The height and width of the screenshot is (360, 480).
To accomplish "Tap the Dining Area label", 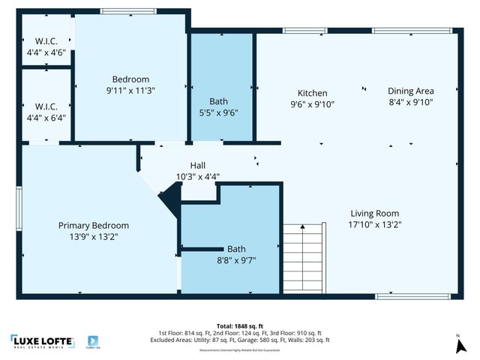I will click(410, 90).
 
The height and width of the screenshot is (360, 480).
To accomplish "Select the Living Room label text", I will click(373, 213).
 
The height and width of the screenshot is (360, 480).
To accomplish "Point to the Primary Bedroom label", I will click(94, 225).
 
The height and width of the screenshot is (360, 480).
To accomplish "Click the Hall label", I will click(197, 166).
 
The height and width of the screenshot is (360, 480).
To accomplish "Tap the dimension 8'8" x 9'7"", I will click(236, 260).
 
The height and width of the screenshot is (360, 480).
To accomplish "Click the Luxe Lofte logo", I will click(43, 341).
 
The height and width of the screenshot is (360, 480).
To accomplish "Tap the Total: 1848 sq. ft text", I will click(239, 325).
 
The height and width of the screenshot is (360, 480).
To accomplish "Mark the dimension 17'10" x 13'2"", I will click(373, 223).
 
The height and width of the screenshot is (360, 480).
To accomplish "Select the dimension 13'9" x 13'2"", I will click(94, 235).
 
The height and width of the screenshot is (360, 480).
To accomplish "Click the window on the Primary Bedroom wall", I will click(19, 206).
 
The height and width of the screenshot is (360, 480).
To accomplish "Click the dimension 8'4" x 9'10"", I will click(410, 101).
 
